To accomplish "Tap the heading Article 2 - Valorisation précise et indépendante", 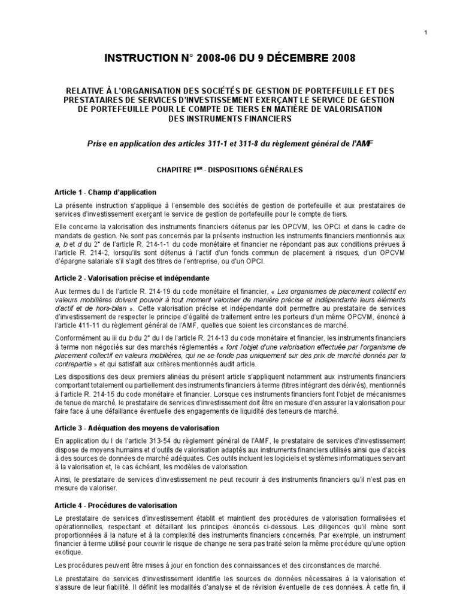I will [x=129, y=279].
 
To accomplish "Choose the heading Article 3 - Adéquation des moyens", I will [x=137, y=428].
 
